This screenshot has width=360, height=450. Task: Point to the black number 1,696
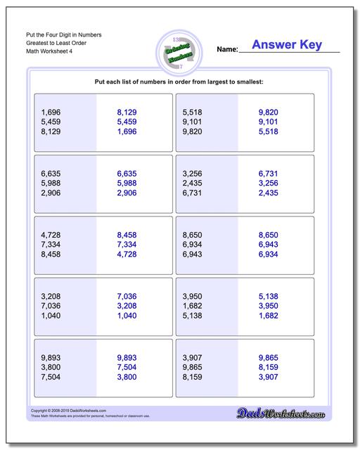(52, 112)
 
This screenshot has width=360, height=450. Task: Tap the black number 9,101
(193, 122)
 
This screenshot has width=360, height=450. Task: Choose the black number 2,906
(52, 193)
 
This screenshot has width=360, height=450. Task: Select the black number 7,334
(52, 244)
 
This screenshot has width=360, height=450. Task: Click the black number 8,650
(193, 234)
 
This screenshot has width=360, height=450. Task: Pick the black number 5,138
(193, 315)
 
